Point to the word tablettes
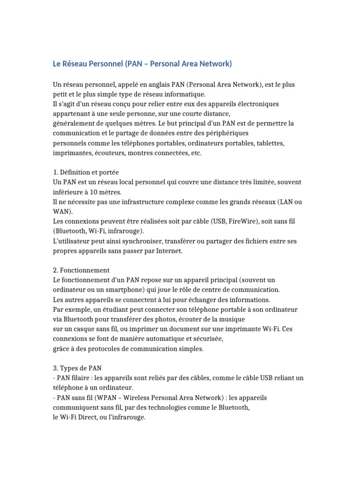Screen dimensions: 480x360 point(269,143)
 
